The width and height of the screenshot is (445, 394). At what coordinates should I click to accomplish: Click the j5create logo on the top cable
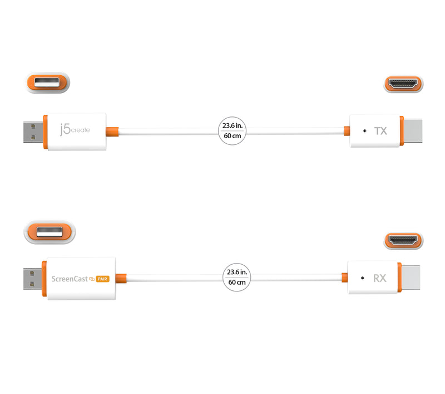[75, 131]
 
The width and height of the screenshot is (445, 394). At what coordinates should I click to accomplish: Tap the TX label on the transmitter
[381, 131]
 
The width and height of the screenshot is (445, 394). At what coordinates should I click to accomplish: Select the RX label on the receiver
[380, 277]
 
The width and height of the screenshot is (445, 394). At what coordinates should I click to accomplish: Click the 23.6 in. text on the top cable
[232, 127]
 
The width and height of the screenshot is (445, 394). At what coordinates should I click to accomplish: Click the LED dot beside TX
[364, 131]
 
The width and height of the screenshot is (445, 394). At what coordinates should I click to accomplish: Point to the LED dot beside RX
[362, 277]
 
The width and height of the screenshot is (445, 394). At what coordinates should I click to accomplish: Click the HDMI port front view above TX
[403, 84]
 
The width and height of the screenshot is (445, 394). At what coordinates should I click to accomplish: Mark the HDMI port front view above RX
[403, 241]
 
